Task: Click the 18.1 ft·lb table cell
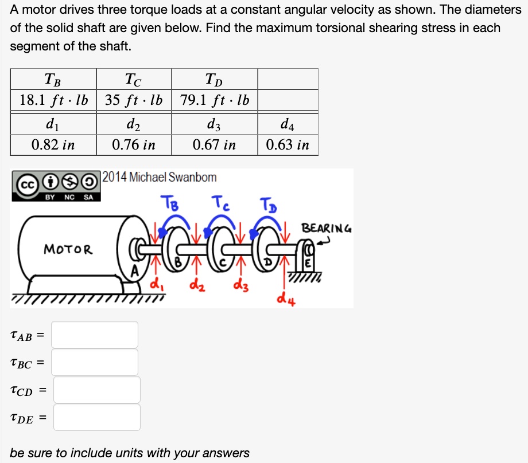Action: [53, 100]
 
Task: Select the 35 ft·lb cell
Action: [134, 100]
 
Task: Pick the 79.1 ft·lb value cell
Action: [215, 100]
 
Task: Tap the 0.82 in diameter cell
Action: [53, 145]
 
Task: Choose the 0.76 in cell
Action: [134, 145]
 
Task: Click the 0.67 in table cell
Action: [215, 145]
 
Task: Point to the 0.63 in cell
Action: [288, 145]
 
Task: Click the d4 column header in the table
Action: [288, 124]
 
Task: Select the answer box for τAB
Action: [95, 335]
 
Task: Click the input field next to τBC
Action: [95, 362]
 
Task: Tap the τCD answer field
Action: [97, 390]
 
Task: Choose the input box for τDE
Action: [97, 417]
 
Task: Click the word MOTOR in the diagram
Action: [68, 249]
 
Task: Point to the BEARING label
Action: [327, 228]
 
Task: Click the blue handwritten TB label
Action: [170, 203]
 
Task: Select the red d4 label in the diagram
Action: [286, 299]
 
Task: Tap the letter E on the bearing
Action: [308, 263]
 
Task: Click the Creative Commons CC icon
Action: [28, 185]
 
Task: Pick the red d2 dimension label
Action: [197, 285]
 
